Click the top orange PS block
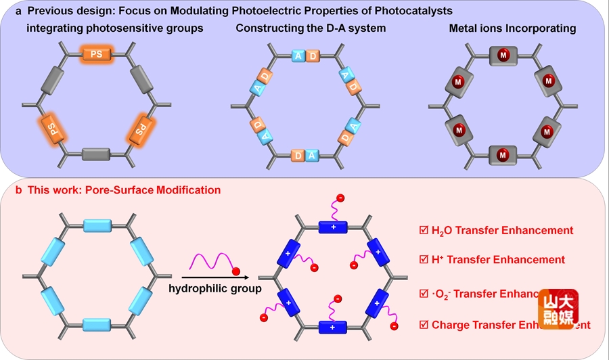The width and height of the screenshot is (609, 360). point(96,53)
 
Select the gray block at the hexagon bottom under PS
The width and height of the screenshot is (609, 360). point(96,154)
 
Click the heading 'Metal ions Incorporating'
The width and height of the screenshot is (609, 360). point(512,28)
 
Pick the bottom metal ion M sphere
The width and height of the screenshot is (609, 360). point(503,156)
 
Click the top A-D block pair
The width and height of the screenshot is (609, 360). point(304,56)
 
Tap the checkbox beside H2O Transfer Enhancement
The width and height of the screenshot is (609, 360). point(424,230)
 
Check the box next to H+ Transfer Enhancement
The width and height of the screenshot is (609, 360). point(424,259)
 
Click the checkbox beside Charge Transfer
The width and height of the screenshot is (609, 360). point(424,325)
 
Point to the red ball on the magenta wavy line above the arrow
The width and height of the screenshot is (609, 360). point(235,272)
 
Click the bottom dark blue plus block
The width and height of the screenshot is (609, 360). point(333,328)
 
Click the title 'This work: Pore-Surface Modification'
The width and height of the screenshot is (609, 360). point(124,191)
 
